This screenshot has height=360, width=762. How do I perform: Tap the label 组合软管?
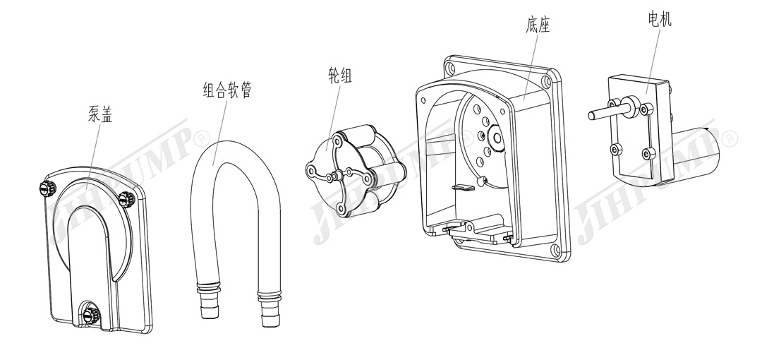[x=226, y=90]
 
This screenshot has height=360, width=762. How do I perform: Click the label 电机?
[x=659, y=19]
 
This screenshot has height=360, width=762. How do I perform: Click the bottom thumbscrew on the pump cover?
[x=89, y=314]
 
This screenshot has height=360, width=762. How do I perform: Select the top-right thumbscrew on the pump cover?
[x=127, y=198]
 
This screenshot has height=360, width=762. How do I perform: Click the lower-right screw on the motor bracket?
[x=647, y=154]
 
